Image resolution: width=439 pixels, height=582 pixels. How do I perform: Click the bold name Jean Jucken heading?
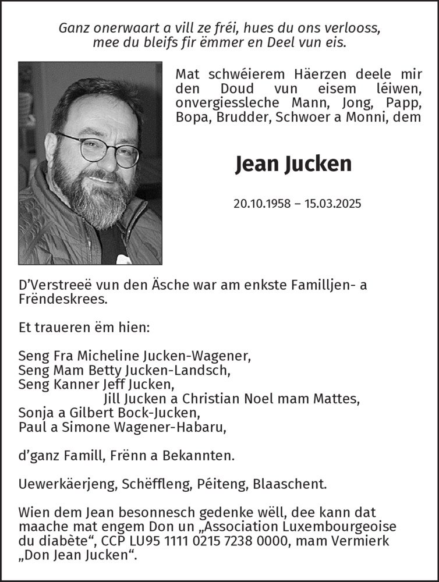click(x=293, y=164)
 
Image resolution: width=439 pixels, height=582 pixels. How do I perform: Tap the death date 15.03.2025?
click(x=332, y=204)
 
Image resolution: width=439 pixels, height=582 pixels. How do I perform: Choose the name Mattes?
click(x=338, y=399)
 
